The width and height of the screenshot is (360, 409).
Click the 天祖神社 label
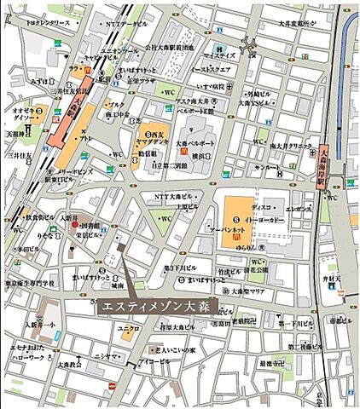(20, 133)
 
